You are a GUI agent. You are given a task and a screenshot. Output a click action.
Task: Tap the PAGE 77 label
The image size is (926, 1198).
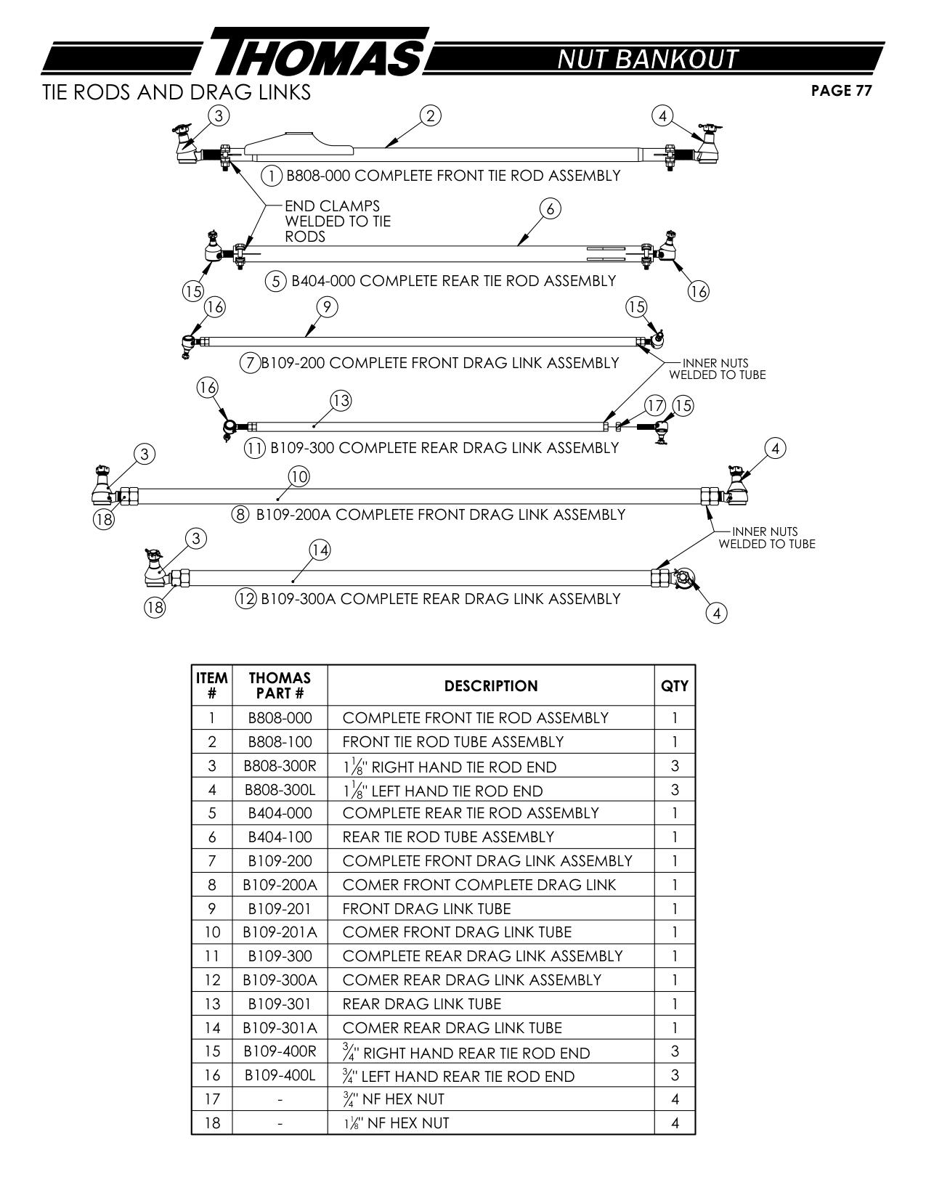point(841,91)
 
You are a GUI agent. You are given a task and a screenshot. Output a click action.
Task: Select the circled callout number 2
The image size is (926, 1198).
point(431,115)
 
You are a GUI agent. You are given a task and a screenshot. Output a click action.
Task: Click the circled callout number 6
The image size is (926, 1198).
point(551,209)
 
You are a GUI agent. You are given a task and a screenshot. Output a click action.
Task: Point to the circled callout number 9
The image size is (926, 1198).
point(327,306)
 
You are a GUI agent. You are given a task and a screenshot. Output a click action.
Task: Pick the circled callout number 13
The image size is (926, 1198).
point(341,400)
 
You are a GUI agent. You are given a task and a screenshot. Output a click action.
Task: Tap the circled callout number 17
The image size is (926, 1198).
point(655,407)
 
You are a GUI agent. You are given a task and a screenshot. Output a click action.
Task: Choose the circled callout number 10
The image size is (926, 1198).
point(298,476)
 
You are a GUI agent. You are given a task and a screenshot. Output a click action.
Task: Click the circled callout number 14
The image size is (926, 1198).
point(320,550)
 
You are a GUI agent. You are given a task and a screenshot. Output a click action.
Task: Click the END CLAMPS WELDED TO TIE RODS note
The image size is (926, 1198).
point(338,221)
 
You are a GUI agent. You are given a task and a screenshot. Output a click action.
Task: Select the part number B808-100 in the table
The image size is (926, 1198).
point(280,742)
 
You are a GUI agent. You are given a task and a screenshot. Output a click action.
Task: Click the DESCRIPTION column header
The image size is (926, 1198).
point(491,686)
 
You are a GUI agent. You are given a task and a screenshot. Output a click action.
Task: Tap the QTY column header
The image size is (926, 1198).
point(675,686)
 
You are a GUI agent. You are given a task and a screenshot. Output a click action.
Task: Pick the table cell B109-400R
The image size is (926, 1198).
point(280,1051)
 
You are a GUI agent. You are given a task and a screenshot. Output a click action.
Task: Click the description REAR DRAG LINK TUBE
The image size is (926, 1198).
point(422,1004)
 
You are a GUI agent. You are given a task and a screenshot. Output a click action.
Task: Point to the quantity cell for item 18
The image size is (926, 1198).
point(675,1123)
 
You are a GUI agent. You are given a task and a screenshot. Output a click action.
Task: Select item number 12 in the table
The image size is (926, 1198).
point(212,980)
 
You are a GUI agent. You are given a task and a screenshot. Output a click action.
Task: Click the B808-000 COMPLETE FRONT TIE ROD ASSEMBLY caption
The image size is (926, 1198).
point(452,176)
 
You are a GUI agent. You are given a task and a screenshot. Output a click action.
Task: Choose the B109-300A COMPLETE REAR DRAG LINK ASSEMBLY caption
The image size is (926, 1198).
point(440,599)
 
